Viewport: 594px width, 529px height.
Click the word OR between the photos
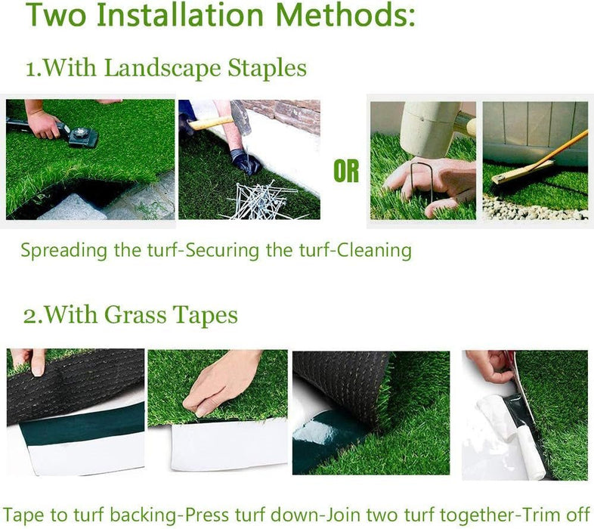coord(346,172)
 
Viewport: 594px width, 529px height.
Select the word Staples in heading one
coord(268,68)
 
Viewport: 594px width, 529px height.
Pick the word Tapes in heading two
coord(204,314)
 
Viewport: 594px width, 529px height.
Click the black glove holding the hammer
coord(246,161)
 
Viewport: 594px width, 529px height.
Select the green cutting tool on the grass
coord(82,135)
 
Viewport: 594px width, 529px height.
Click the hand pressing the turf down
coord(219,382)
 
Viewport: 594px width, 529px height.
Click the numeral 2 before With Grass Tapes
coord(28,314)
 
